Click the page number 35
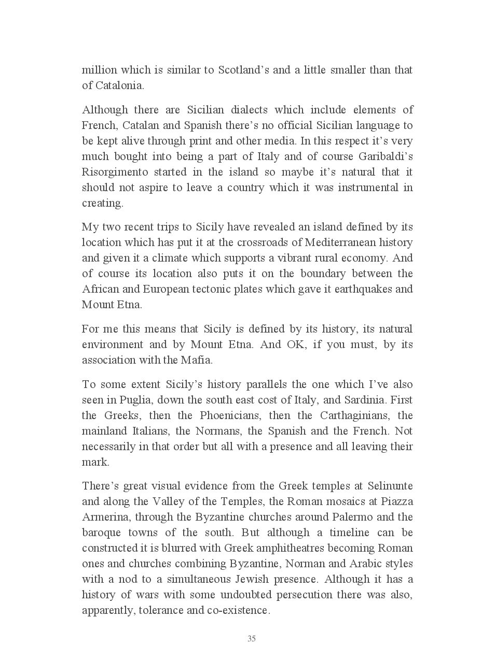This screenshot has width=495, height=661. point(252,639)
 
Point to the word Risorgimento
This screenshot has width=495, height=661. point(115,172)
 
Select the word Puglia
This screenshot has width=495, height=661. point(135,400)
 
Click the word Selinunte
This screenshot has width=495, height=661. point(390,486)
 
